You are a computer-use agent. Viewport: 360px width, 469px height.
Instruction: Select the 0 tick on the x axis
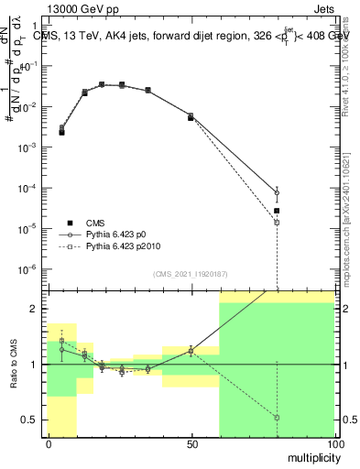pos(49,444)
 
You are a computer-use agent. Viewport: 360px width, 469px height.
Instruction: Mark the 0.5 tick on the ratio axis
pos(32,420)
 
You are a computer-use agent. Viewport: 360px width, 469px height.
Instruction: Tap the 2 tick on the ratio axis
pos(36,309)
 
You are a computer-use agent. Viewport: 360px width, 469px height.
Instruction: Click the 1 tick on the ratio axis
pos(36,365)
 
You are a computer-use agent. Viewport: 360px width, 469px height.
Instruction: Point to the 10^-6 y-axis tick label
pos(31,268)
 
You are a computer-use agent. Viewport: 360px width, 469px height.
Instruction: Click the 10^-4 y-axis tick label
pos(31,188)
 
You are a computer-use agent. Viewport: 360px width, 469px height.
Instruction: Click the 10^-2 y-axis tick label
pos(31,107)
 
